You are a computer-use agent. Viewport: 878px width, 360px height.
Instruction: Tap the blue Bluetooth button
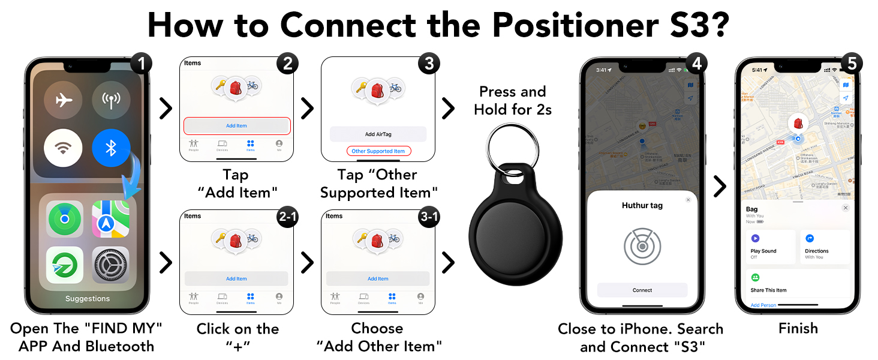[x=111, y=148]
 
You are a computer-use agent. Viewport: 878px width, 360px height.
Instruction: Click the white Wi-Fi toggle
[x=63, y=148]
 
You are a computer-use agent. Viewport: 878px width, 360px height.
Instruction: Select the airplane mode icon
[x=63, y=100]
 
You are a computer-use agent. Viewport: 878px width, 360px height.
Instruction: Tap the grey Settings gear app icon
[x=111, y=265]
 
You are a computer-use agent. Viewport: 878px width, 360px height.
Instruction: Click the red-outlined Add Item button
[x=236, y=126]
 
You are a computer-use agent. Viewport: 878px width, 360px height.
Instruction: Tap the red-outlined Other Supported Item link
[x=378, y=151]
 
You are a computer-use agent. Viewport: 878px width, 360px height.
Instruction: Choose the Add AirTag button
[x=378, y=134]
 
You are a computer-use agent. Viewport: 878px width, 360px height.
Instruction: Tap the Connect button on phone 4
[x=642, y=290]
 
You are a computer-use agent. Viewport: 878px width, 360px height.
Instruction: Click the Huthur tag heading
[x=642, y=205]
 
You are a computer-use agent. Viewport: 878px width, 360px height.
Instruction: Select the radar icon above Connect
[x=642, y=246]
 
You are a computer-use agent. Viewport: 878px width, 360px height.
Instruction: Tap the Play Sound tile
[x=771, y=247]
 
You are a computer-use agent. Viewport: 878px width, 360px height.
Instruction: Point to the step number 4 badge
[x=695, y=64]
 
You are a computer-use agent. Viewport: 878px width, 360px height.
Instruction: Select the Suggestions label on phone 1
[x=88, y=299]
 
